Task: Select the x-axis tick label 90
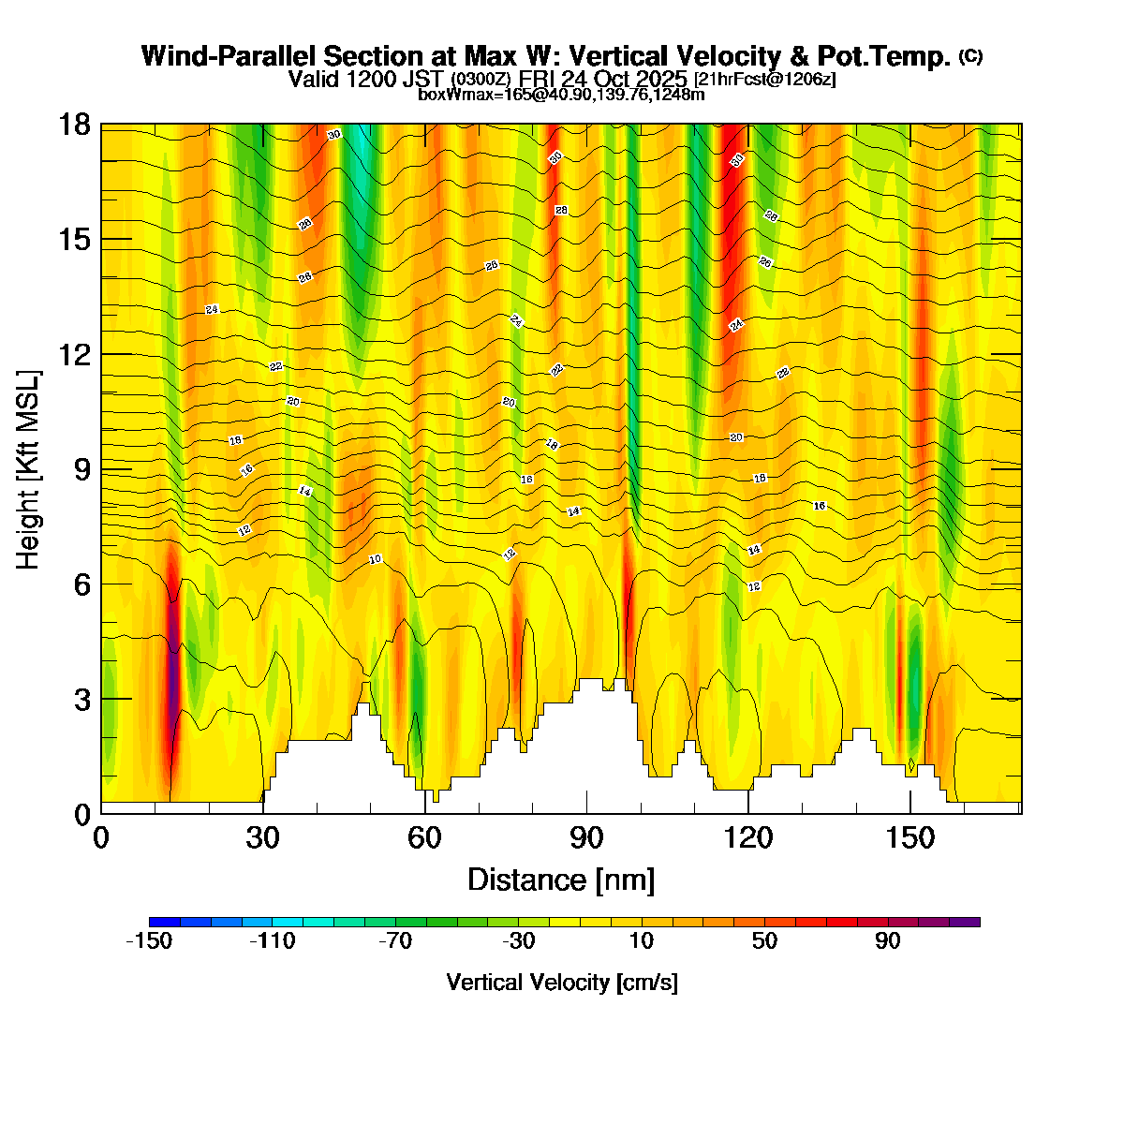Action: click(586, 838)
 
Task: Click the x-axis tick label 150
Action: click(910, 838)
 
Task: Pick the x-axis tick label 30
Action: click(263, 838)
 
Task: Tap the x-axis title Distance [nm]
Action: click(561, 880)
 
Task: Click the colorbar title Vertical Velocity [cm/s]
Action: click(562, 983)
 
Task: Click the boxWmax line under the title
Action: click(561, 94)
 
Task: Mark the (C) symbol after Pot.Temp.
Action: click(970, 56)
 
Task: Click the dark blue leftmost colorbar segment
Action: click(164, 922)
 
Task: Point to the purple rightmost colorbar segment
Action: click(965, 922)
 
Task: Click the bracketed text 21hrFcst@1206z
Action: click(765, 80)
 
